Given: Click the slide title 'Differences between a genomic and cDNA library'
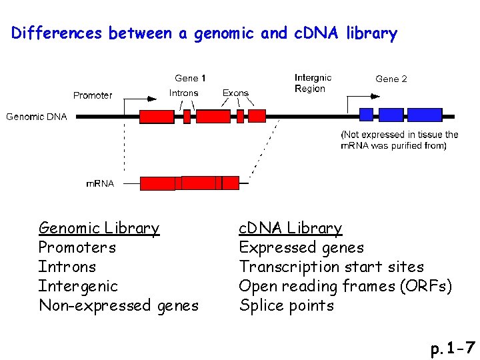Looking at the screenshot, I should pos(204,33).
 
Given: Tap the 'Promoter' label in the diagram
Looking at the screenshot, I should pos(93,95).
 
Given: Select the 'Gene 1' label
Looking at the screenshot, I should pos(190,78).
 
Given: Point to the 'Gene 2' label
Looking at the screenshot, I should pos(391,79).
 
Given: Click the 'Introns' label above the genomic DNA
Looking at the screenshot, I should pos(183,93).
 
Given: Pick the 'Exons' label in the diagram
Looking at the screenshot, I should pos(235,93).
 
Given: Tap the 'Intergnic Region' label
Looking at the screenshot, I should pos(313,83).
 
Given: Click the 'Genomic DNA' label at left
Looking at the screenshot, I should pos(37,117).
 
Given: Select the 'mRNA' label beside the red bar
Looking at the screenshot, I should pos(101,183).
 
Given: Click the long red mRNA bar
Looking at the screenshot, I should pos(189,183).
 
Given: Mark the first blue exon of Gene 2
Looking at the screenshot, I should pos(366,115).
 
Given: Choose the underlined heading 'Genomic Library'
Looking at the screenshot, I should pos(99,228).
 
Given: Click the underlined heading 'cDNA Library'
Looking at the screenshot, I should pos(290,228).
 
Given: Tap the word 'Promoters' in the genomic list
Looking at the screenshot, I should pos(77,248).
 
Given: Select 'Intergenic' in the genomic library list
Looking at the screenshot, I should pos(78,287).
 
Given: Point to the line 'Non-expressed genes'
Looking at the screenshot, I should pos(119,306).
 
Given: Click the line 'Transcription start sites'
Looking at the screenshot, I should pos(331,267).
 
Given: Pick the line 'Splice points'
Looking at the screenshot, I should pos(286,306).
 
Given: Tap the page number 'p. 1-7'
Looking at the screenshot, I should pos(453,347).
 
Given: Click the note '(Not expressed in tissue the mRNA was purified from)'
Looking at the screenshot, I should pos(399,140).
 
